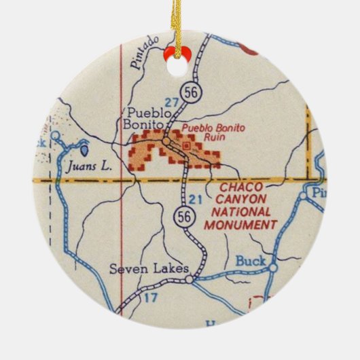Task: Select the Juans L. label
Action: (x=86, y=164)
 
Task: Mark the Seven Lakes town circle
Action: (x=192, y=277)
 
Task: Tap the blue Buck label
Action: (x=248, y=260)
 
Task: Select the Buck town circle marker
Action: (x=272, y=268)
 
